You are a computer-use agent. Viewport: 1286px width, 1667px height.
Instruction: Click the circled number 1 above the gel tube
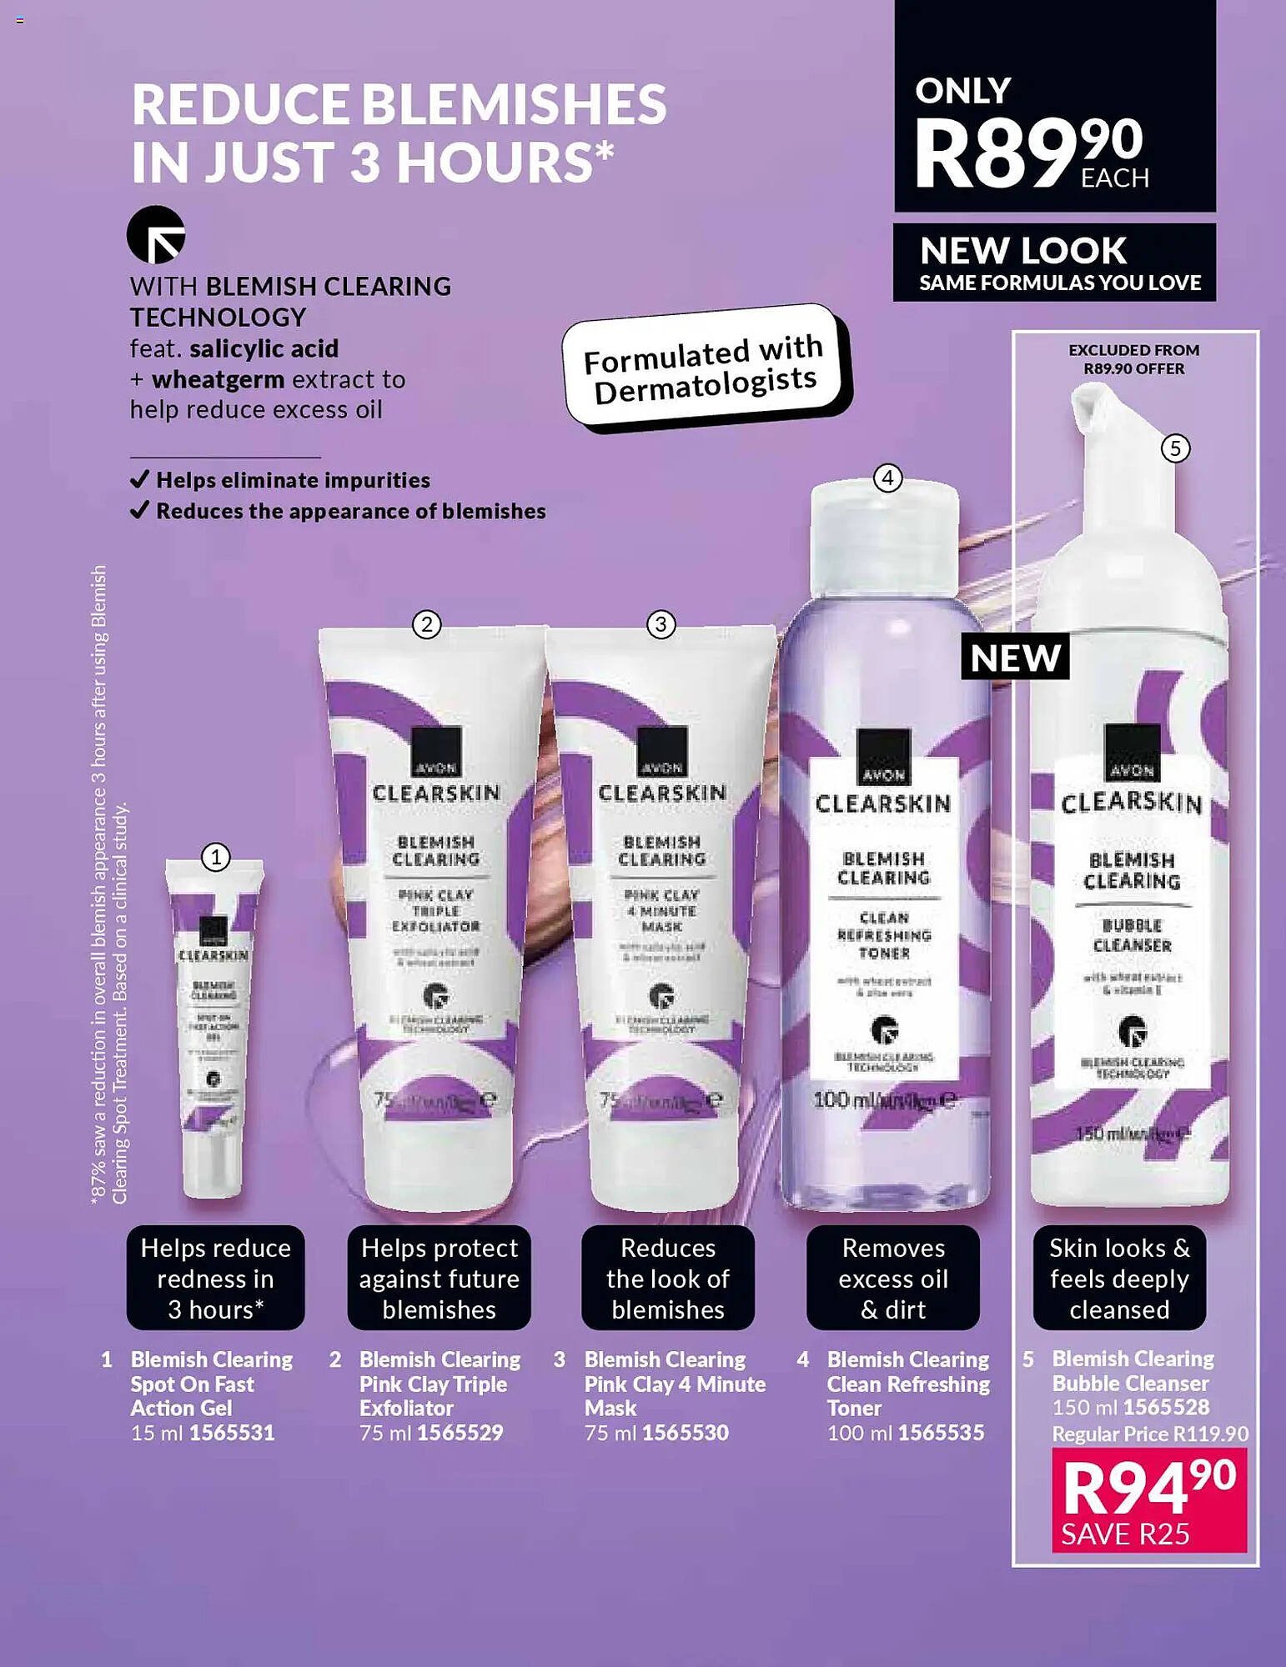point(216,856)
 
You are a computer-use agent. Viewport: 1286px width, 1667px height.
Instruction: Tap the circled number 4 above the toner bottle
point(887,478)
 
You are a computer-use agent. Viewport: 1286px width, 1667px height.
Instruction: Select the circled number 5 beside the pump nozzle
point(1175,448)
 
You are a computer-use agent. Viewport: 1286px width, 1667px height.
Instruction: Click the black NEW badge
point(1015,658)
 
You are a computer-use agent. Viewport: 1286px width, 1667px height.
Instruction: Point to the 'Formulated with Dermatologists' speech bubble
point(706,368)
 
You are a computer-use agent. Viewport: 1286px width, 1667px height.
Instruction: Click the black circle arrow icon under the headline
point(156,235)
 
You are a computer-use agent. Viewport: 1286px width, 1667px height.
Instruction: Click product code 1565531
point(232,1433)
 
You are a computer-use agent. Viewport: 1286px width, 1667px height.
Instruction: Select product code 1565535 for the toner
point(941,1433)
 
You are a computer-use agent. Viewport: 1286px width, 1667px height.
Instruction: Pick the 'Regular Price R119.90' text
point(1150,1434)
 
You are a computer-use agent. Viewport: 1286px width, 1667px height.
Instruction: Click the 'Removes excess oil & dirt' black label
point(893,1279)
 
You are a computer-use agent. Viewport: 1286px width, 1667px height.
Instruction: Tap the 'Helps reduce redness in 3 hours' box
point(215,1279)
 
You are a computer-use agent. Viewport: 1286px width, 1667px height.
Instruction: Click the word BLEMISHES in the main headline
point(514,104)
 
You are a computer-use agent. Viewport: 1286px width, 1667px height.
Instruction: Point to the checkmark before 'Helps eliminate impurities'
point(140,479)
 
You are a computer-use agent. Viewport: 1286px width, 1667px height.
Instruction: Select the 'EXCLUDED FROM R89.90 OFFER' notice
point(1133,359)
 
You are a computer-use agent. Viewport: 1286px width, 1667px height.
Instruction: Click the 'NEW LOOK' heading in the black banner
point(1023,250)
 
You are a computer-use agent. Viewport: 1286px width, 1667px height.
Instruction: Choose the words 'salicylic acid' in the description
point(264,348)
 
